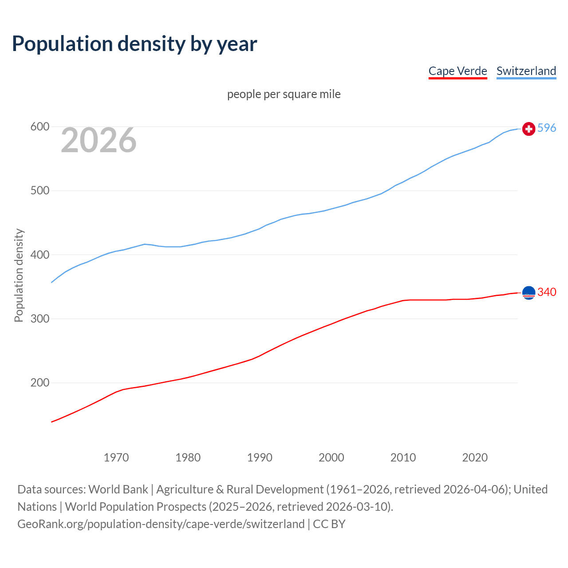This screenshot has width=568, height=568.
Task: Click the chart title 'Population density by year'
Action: tap(134, 44)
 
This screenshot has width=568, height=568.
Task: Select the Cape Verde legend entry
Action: tap(458, 71)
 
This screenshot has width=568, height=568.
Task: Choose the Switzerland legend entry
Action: tap(526, 71)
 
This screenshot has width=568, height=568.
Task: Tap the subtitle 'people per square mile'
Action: tap(284, 94)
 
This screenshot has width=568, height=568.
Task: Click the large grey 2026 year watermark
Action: tap(99, 141)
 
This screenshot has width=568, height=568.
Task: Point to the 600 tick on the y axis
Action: tap(39, 127)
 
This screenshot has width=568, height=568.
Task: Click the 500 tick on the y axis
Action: tap(39, 191)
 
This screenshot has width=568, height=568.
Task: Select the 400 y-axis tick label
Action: tap(39, 255)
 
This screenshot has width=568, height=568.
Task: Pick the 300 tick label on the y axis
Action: tap(39, 319)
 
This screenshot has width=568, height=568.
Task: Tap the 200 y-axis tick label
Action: tap(39, 383)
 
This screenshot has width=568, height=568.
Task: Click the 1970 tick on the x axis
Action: tap(116, 458)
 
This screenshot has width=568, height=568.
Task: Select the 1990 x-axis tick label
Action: tap(260, 458)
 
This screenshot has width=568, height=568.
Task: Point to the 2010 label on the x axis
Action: tap(403, 458)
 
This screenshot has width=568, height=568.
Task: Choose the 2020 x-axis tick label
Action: tap(475, 458)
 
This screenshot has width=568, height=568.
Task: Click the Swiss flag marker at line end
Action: tap(529, 129)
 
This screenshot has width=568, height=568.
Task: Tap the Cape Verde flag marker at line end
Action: tap(529, 293)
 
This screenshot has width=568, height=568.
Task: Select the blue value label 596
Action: tap(547, 128)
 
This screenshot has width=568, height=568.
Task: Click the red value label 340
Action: tap(547, 292)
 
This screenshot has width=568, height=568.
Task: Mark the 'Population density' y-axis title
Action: tap(19, 275)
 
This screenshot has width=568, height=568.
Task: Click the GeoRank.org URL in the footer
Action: tap(161, 524)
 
